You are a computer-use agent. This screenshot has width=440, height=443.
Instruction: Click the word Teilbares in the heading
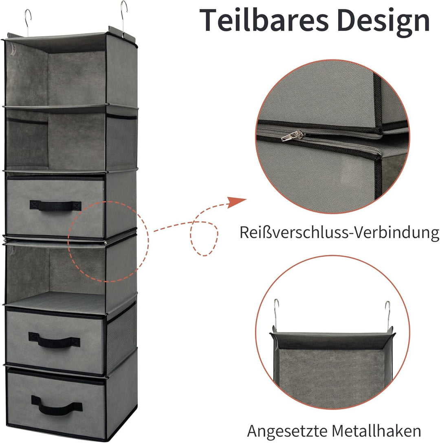tap(264, 20)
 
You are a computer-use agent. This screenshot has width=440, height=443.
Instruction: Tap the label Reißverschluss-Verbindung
tap(339, 233)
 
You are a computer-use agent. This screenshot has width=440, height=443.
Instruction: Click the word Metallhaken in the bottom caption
tap(376, 430)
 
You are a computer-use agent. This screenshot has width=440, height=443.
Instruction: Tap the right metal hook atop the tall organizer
tap(124, 17)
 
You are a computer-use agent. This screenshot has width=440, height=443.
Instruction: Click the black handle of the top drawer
tap(55, 205)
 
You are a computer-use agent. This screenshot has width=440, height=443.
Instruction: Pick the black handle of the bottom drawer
tap(57, 405)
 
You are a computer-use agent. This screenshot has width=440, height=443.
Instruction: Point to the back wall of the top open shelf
tap(77, 79)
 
